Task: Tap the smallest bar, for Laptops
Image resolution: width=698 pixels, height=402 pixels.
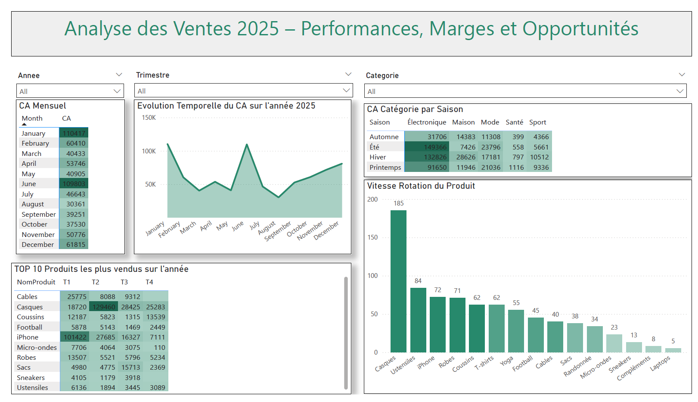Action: coord(673,350)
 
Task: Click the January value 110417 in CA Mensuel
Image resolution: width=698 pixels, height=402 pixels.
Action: coord(74,133)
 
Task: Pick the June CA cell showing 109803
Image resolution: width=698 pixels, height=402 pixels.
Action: coord(74,184)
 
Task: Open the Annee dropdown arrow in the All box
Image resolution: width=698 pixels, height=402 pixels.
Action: coord(117,91)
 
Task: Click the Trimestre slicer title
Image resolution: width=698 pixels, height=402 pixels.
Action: coord(153,75)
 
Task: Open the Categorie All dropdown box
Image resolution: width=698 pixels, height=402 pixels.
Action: coord(525,91)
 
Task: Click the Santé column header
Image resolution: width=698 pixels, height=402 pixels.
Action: coord(514,122)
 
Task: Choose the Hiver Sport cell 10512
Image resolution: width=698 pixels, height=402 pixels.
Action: coord(539,157)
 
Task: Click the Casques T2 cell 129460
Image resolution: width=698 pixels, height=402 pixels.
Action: coord(104,307)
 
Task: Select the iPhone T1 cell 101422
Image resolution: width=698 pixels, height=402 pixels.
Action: coord(75,337)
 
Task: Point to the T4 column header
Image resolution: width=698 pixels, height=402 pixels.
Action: coord(149,282)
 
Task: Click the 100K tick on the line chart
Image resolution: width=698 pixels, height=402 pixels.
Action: coord(149,151)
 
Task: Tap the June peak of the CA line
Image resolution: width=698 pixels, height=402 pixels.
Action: coord(247,145)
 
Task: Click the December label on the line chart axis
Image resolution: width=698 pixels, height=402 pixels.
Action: coord(326,231)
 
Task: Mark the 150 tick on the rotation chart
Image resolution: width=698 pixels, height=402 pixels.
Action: coord(372,237)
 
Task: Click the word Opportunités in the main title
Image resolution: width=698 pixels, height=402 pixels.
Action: coord(580,29)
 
